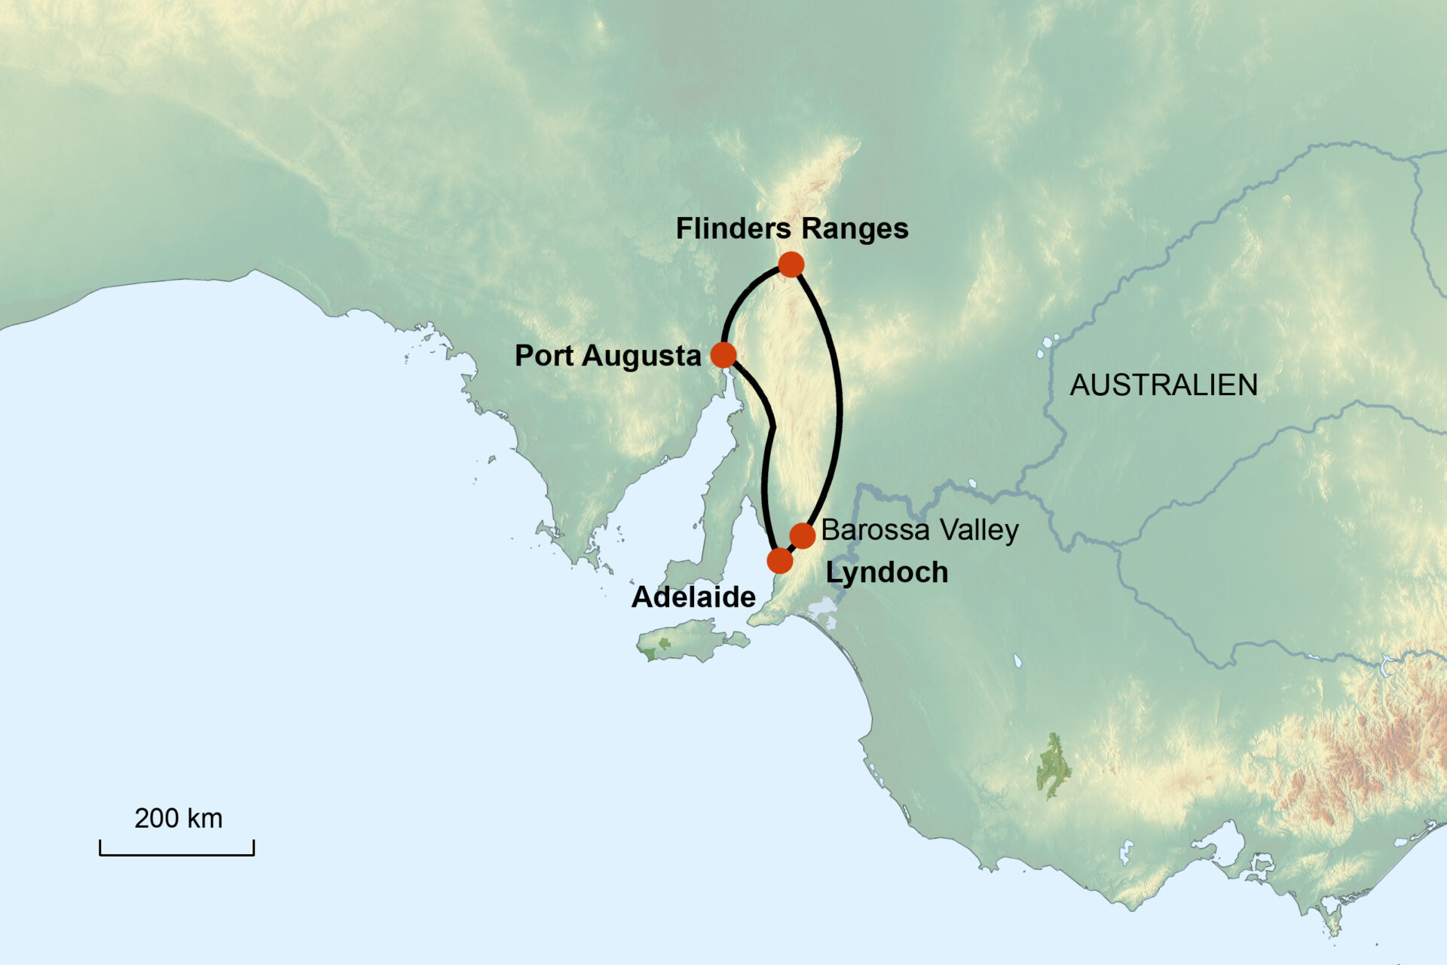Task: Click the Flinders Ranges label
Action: [791, 228]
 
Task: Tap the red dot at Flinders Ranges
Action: [791, 265]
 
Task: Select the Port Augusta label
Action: [607, 356]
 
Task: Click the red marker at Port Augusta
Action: [723, 354]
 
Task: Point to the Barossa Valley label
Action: [919, 530]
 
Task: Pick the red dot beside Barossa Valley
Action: [803, 536]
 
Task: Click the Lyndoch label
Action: [886, 573]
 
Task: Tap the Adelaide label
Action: [693, 597]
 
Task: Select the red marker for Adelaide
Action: [780, 561]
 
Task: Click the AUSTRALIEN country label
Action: [1164, 385]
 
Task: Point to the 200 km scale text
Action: [179, 819]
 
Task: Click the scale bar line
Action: [177, 854]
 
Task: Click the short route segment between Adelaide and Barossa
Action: [791, 548]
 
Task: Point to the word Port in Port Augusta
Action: [544, 356]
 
